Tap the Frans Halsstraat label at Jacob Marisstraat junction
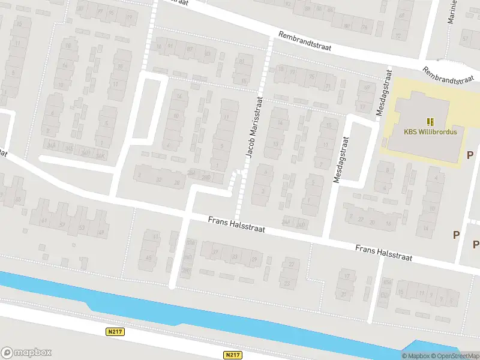236,226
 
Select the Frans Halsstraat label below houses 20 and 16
383,252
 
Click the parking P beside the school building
469,155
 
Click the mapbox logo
26,353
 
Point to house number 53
82,227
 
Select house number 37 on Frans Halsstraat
214,251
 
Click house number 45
149,258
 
